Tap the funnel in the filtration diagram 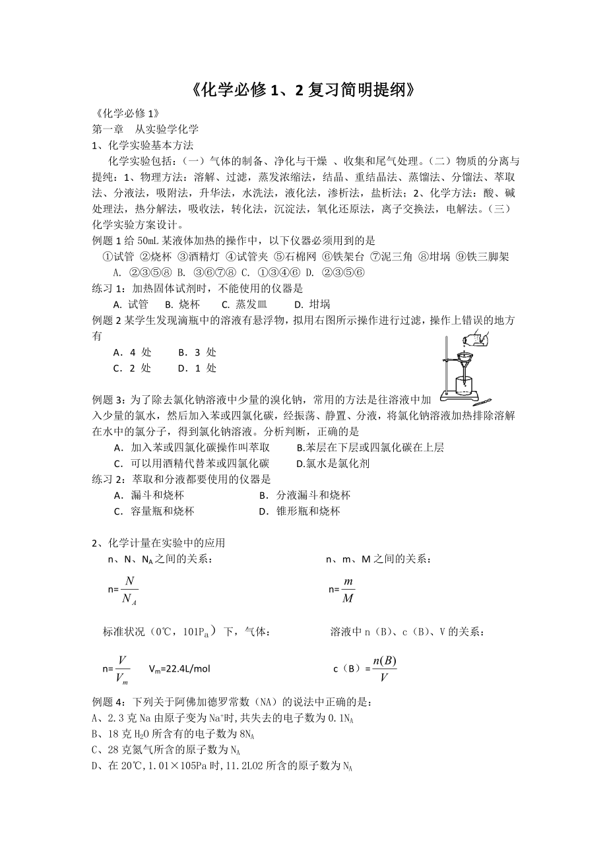465,360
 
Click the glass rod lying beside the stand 482,400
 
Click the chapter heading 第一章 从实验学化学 145,129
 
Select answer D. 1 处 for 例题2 197,367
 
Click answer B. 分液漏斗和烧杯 304,495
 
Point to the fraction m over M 348,589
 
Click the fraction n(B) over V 384,668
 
